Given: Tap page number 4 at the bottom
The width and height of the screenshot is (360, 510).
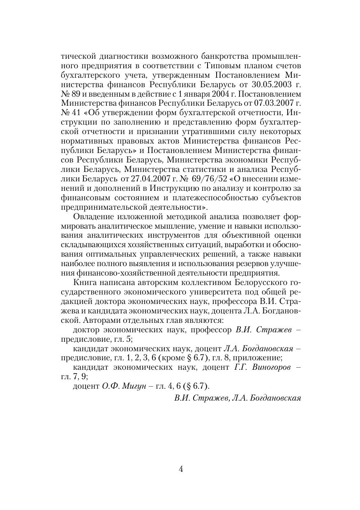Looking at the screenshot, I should (181, 469).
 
